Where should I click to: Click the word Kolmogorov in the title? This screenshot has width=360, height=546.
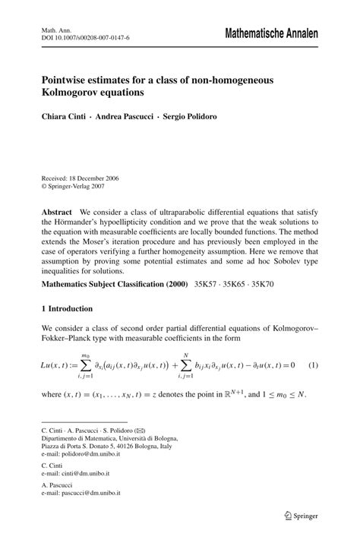pos(73,93)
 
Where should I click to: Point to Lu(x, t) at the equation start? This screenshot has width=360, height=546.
pos(58,366)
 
